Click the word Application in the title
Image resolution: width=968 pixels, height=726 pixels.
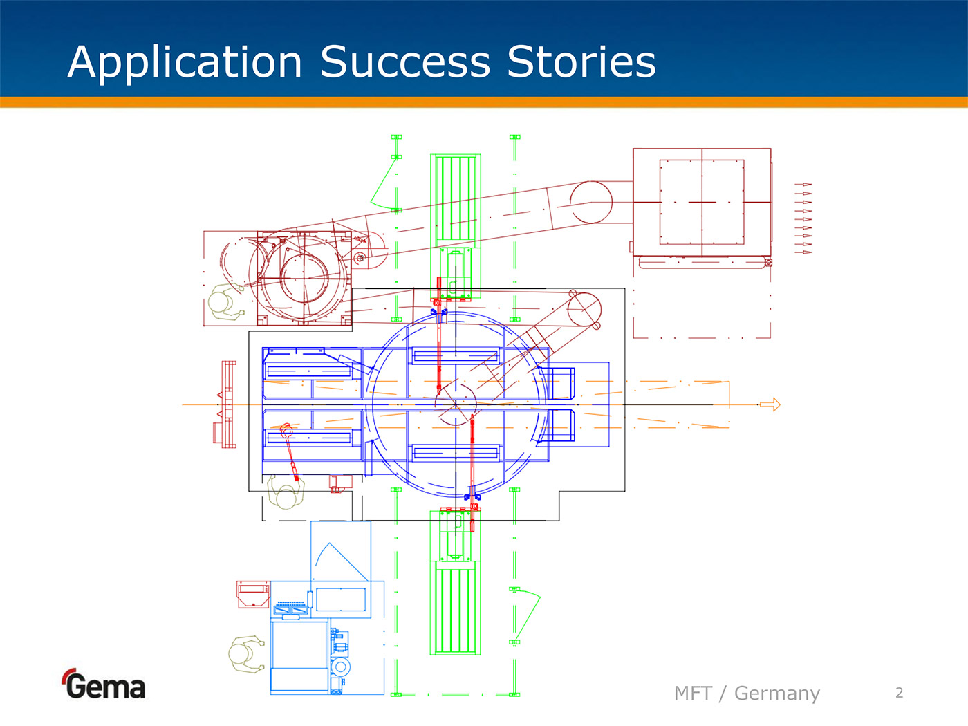(185, 62)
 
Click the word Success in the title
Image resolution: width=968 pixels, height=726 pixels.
(405, 62)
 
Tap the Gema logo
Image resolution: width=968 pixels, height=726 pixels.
(104, 685)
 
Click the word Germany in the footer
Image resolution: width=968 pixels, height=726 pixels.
(776, 693)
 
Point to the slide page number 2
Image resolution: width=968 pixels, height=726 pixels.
(899, 693)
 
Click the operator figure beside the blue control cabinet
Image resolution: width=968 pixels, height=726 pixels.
(245, 654)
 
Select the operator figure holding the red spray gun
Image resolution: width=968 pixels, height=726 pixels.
(286, 492)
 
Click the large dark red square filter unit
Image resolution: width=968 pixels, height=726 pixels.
(702, 202)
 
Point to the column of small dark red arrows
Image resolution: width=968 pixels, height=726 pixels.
(803, 218)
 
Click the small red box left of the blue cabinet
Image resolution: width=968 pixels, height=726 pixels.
(253, 594)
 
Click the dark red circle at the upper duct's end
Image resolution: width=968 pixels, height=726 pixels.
(592, 202)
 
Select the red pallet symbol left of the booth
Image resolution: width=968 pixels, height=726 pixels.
(227, 404)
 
